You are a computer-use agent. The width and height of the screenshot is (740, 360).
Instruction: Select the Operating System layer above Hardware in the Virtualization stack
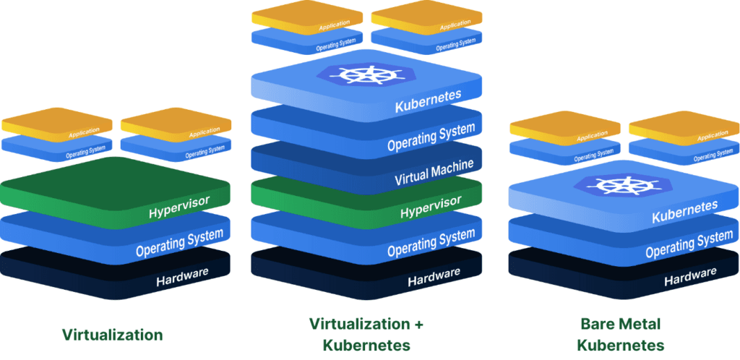click(x=179, y=244)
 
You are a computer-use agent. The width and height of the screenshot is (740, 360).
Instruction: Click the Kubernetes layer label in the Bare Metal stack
click(x=685, y=212)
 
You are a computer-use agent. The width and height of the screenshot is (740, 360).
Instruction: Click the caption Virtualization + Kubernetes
click(x=366, y=333)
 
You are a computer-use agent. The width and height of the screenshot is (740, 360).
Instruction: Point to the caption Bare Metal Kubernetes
click(x=621, y=333)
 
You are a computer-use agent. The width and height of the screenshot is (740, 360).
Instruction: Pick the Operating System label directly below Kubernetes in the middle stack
click(x=431, y=137)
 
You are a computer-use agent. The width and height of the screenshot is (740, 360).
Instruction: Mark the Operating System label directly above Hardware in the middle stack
click(x=431, y=242)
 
